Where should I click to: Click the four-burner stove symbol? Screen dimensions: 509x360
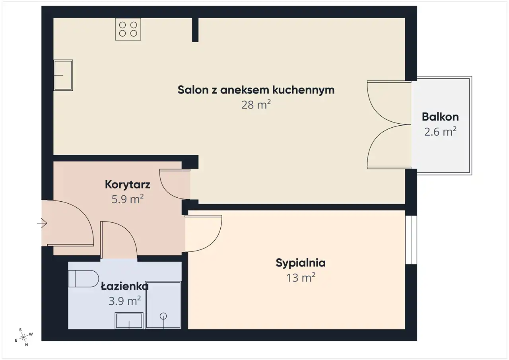point(128,29)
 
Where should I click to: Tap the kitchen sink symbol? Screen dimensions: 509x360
point(63,75)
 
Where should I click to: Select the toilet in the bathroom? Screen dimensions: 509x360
point(84,278)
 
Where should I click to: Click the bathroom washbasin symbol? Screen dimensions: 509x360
point(129,321)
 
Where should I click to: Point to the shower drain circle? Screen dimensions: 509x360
point(163,316)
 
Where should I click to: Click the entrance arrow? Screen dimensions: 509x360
point(42,223)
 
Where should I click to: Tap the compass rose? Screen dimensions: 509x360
point(23,337)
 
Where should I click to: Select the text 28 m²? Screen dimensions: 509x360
point(256,105)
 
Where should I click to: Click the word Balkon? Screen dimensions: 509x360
point(440,117)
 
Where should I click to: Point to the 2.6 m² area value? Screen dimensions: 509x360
point(440,132)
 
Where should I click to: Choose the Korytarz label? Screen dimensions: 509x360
point(128,185)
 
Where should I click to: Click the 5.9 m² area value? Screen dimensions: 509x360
point(128,199)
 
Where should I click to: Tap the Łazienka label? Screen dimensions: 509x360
point(125,286)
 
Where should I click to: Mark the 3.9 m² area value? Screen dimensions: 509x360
point(124,301)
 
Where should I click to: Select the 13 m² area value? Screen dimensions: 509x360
point(301,278)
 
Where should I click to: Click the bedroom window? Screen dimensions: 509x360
point(411,240)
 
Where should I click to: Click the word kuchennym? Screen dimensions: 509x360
point(303,90)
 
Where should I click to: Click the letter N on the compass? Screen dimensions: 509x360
point(27,345)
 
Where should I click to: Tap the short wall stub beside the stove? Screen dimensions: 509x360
point(195,30)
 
